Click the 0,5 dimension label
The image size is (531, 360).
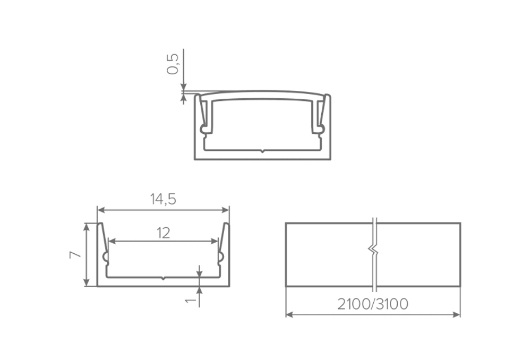pos(173,64)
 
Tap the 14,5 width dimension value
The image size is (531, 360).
pos(163,199)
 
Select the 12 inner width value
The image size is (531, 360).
pos(163,233)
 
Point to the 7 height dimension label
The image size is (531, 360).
pos(75,255)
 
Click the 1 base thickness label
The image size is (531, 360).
pos(191,299)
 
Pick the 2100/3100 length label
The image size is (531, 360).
pos(373,304)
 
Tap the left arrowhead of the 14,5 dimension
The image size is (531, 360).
pos(101,210)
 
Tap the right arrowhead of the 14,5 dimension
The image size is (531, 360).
pos(225,210)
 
